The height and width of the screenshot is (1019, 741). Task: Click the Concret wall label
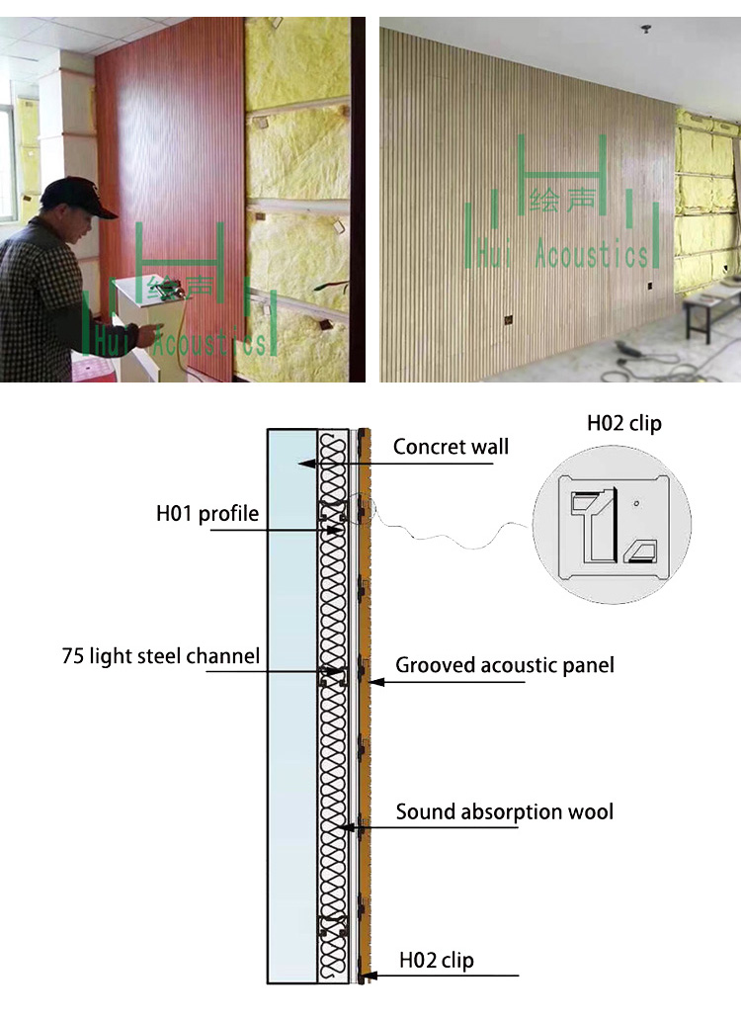pos(451,447)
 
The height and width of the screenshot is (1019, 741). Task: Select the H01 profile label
pos(207,514)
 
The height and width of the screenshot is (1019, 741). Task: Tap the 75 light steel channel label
pos(161,656)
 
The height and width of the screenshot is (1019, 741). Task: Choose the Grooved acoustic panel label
pos(505,665)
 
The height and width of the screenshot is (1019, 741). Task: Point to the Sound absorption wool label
pos(505,812)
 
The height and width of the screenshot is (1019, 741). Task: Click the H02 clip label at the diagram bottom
pos(436,960)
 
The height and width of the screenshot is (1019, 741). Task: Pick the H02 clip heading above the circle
pos(624,424)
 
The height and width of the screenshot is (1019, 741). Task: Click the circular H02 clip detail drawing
pos(612,524)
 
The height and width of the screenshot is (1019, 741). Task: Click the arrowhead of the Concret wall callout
pos(308,462)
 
